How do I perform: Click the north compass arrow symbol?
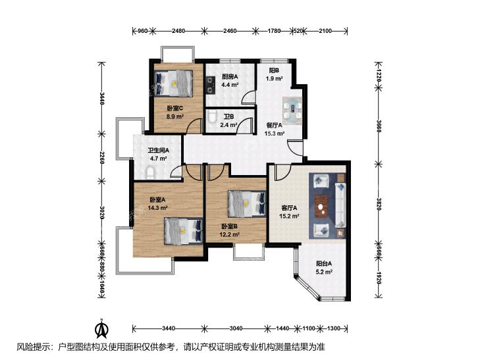tap(102, 329)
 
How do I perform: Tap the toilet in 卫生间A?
tap(149, 173)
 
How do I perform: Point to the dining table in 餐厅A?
tap(292, 111)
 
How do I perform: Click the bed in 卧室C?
tap(174, 84)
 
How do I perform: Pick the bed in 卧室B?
tap(247, 204)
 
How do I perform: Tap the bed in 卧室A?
tap(183, 231)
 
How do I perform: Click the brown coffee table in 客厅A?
tap(321, 206)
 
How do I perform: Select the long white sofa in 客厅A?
tap(340, 205)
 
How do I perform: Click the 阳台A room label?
tap(324, 263)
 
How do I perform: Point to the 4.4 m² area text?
tap(230, 85)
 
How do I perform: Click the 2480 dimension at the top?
tap(178, 30)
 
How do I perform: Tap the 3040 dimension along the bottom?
tap(236, 328)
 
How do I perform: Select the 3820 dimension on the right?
tap(379, 204)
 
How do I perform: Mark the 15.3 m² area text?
tap(275, 134)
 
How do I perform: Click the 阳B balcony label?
tap(274, 70)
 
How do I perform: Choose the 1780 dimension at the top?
tap(274, 30)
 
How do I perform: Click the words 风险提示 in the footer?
tap(33, 347)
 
